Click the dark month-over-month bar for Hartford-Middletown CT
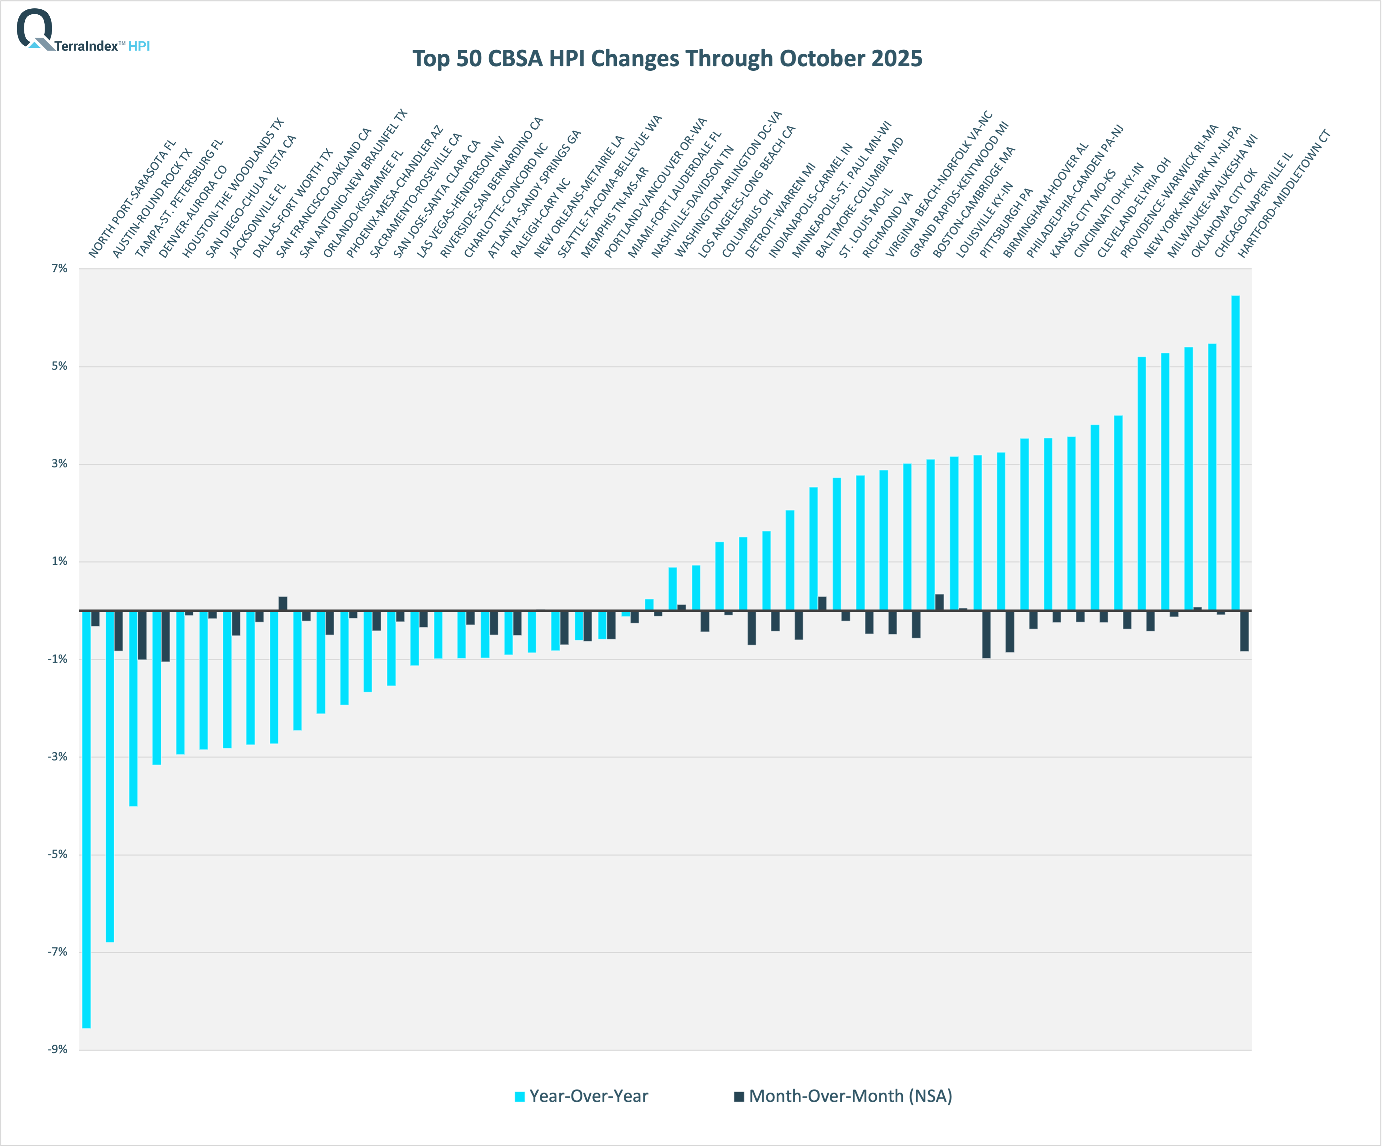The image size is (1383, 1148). pyautogui.click(x=1244, y=631)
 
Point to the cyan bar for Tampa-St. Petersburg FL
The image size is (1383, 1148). pyautogui.click(x=133, y=708)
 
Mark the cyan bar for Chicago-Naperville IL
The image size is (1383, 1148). pyautogui.click(x=1212, y=478)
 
